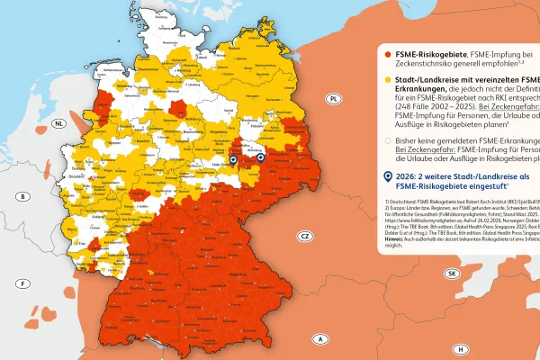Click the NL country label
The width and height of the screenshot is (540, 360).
(58, 123)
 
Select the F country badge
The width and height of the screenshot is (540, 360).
(21, 283)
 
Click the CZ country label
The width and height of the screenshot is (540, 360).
(305, 236)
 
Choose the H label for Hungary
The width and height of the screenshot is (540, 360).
(460, 349)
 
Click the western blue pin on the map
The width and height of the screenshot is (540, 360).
(232, 160)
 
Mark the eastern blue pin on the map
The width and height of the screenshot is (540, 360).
(260, 159)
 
